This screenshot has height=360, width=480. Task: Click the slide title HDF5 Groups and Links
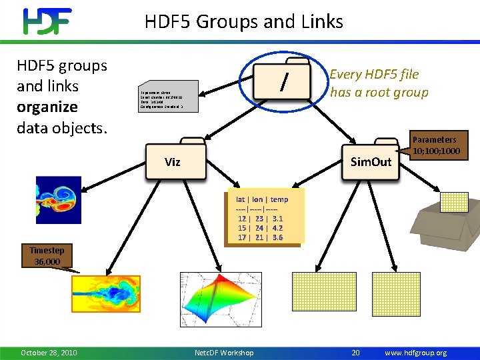click(x=243, y=22)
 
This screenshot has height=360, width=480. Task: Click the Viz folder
click(x=173, y=161)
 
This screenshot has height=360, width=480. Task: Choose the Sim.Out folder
click(x=371, y=161)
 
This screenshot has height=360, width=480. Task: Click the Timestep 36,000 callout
click(x=47, y=256)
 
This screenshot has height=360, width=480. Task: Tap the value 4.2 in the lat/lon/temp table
click(x=277, y=227)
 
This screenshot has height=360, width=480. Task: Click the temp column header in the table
click(x=279, y=199)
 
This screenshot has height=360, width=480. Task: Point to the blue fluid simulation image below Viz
click(x=58, y=200)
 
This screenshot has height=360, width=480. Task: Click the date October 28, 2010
click(x=49, y=352)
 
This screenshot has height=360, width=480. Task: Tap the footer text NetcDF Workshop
click(x=223, y=352)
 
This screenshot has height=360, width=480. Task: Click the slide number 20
click(x=355, y=352)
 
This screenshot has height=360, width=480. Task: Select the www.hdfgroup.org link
click(x=415, y=352)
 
